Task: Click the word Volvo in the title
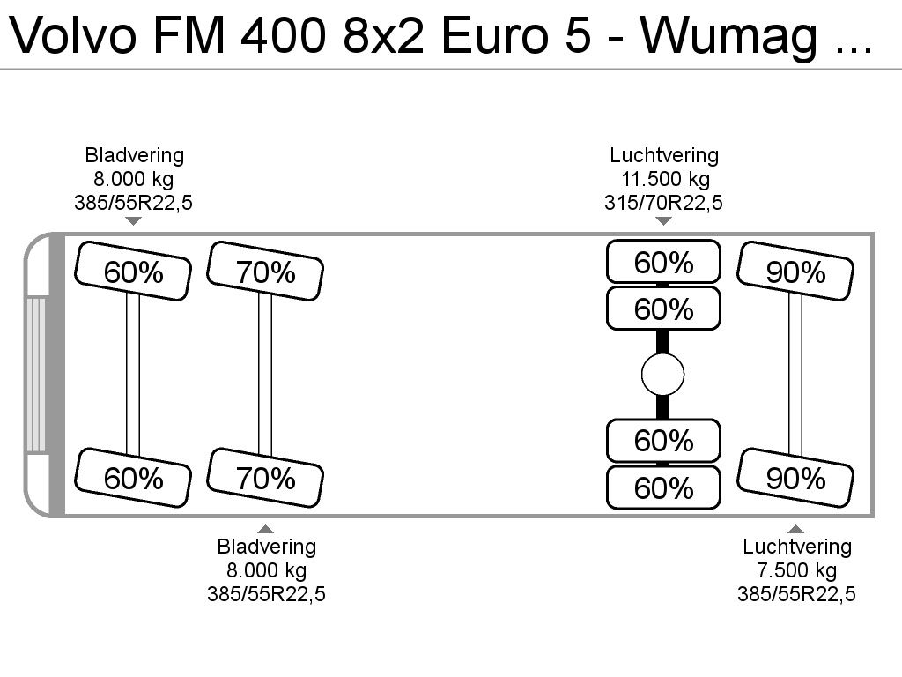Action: (73, 35)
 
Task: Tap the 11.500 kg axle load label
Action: (664, 179)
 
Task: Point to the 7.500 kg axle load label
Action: (796, 570)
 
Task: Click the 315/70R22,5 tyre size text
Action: (663, 203)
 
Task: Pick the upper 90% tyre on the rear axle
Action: (795, 272)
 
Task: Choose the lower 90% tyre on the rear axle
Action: (795, 478)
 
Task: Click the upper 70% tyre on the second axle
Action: (265, 272)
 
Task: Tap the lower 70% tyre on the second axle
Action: (265, 478)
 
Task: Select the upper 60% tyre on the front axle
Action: (133, 272)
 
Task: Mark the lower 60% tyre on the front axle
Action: (133, 478)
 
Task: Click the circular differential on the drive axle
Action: (662, 375)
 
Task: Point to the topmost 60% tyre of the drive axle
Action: (663, 262)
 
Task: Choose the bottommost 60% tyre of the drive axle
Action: (663, 487)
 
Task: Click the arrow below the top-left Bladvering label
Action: (134, 221)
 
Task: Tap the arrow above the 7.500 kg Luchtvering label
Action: (795, 529)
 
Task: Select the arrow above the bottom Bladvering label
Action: (265, 529)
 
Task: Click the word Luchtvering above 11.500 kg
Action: (664, 155)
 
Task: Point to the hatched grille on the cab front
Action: (35, 375)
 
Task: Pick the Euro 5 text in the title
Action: (516, 35)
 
